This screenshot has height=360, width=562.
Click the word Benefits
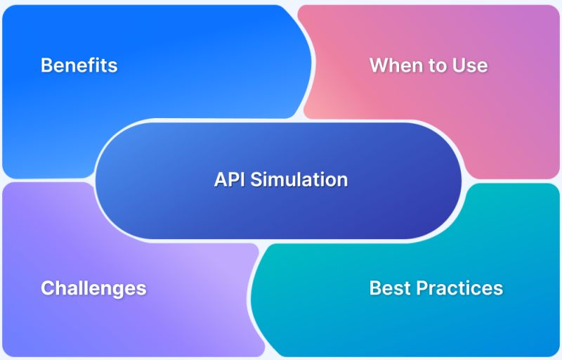click(x=79, y=65)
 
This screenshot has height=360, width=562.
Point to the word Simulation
click(x=299, y=179)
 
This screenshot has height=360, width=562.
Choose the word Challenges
click(x=93, y=288)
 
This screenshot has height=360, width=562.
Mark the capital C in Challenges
click(x=47, y=288)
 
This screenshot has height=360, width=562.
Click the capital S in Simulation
click(x=256, y=179)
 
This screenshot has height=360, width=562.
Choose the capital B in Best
click(x=375, y=288)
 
